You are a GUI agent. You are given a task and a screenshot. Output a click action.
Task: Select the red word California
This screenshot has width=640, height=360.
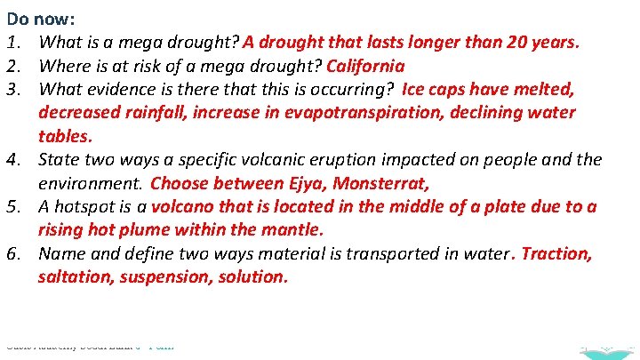[365, 66]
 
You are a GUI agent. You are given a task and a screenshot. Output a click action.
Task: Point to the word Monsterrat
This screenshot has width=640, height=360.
[382, 183]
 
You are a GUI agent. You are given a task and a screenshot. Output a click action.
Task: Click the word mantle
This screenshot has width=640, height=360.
[294, 230]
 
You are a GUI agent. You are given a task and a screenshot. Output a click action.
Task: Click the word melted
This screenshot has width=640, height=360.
[544, 89]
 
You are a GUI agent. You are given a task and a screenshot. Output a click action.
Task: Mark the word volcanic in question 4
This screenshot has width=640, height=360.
[258, 160]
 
